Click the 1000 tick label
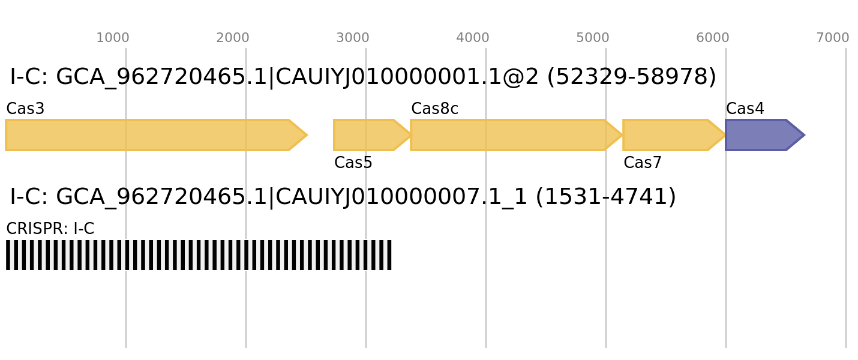tap(112, 38)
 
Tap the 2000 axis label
tap(232, 38)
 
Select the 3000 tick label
tap(352, 38)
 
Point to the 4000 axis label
tap(472, 38)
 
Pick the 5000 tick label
tap(592, 38)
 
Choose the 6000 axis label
tap(712, 38)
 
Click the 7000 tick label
tap(832, 38)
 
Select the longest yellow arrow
tap(150, 135)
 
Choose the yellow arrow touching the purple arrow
tap(669, 135)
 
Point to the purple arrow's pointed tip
tap(804, 135)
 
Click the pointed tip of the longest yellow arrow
tap(307, 135)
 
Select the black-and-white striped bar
tap(199, 255)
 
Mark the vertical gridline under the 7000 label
tap(846, 300)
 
